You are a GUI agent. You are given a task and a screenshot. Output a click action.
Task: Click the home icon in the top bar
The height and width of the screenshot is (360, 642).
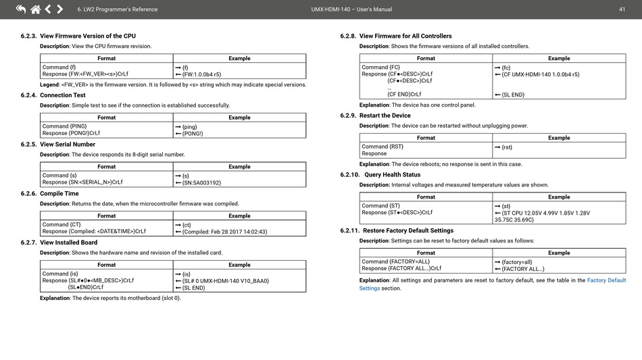35,9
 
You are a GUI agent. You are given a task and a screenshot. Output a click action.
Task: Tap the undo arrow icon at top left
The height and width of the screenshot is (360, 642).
20,9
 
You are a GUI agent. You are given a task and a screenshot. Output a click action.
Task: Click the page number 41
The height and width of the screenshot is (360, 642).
622,9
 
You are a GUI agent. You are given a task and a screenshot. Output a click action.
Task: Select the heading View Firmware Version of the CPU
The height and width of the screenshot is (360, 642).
88,36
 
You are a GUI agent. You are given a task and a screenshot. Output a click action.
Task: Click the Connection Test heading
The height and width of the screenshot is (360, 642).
63,95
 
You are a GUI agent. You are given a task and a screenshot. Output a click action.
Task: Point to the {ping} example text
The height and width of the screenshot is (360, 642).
190,126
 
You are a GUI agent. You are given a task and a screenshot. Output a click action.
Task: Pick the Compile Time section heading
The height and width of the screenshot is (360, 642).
59,193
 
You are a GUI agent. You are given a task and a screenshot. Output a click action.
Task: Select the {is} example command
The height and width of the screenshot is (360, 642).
186,274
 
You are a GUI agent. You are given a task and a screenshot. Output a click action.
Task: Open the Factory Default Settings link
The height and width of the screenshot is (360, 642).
606,280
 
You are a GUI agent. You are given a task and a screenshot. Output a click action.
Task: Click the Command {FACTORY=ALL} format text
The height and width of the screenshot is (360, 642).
395,261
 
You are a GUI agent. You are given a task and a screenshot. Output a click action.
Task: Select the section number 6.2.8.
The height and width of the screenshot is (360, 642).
348,36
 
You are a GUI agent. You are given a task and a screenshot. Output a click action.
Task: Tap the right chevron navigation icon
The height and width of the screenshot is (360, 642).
60,9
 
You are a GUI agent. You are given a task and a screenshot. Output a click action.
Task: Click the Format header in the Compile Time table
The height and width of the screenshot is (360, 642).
106,216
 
